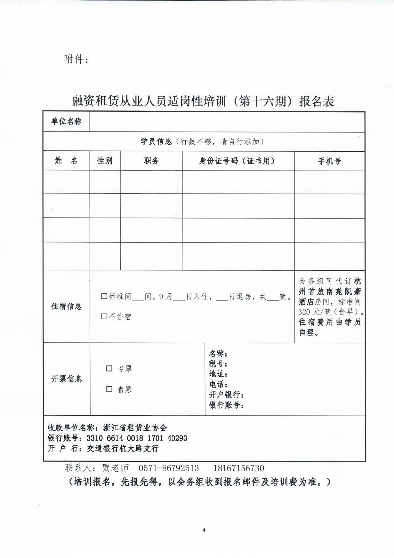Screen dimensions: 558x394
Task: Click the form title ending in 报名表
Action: (203, 101)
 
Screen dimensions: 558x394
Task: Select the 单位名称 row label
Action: (66, 121)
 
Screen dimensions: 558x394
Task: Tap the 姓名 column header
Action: (66, 161)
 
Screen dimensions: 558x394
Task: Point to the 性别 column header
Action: (105, 161)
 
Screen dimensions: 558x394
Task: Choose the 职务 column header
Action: (151, 161)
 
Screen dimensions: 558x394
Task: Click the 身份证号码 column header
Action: (237, 161)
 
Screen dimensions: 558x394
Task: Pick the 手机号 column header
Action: (329, 161)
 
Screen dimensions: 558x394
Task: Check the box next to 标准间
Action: (104, 296)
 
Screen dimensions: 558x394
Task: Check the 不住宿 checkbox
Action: (104, 317)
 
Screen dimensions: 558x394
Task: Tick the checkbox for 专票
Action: (109, 368)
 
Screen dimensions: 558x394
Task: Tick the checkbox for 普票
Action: (109, 389)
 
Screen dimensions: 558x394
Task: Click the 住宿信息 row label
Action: (66, 306)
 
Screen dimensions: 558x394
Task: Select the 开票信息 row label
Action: (66, 379)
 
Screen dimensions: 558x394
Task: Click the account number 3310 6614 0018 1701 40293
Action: (137, 438)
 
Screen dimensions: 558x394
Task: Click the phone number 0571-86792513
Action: (169, 468)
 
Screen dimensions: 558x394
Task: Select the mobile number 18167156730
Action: (239, 468)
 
